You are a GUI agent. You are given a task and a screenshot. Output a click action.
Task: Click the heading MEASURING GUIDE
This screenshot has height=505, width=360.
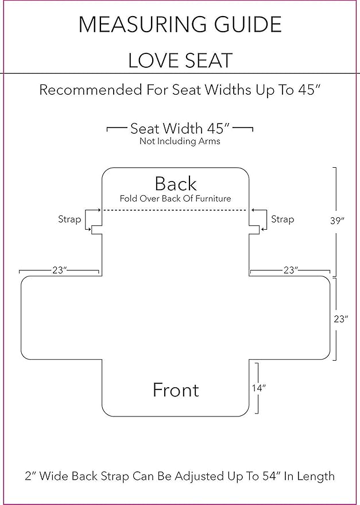[180, 25]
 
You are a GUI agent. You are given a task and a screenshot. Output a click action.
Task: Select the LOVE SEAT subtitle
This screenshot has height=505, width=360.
[180, 60]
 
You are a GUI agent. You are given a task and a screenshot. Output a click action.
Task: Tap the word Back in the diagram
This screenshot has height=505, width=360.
[176, 184]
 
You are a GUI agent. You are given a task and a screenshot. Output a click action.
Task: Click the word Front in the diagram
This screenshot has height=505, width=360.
[176, 390]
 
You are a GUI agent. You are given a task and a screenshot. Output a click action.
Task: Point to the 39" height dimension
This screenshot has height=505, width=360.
[337, 221]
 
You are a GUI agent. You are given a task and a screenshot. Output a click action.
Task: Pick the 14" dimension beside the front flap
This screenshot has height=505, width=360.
[258, 388]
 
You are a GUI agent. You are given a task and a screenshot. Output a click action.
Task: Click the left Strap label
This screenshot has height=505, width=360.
[69, 219]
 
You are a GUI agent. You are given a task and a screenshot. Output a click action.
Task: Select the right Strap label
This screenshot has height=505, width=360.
[282, 219]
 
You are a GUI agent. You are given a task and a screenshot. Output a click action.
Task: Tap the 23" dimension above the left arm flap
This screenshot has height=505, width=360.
[60, 270]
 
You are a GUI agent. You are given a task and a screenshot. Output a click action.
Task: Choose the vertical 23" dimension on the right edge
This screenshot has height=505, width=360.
[341, 319]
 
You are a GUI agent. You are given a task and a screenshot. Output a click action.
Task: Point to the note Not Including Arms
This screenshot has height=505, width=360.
[180, 141]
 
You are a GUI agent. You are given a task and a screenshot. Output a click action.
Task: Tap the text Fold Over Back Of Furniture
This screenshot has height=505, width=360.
[176, 198]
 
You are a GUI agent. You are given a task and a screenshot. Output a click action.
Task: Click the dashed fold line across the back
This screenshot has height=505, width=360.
[176, 210]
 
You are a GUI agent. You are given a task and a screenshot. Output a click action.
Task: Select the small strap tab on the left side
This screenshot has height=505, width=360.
[96, 230]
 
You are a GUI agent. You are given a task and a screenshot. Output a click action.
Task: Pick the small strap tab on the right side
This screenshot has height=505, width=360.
[254, 230]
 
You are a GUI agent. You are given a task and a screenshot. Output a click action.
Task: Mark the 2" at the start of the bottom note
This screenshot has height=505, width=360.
[30, 476]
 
